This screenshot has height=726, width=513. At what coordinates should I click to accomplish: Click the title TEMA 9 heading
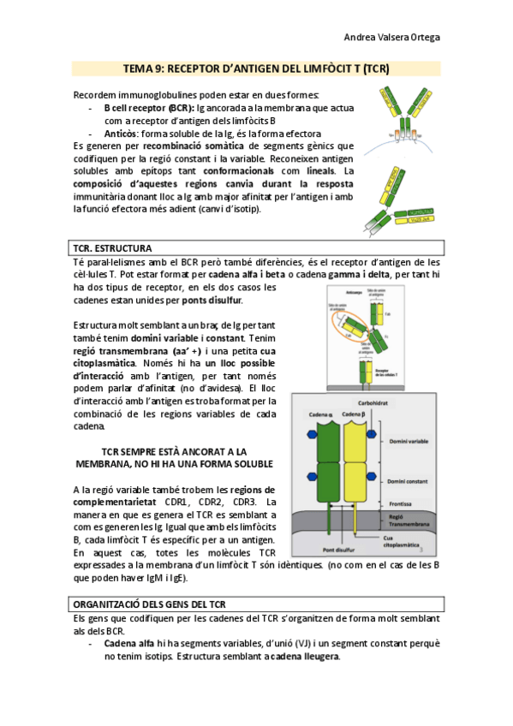(256, 68)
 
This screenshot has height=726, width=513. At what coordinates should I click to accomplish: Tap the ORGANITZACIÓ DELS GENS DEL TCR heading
(150, 604)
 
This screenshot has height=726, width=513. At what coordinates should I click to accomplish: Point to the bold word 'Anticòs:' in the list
(121, 134)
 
